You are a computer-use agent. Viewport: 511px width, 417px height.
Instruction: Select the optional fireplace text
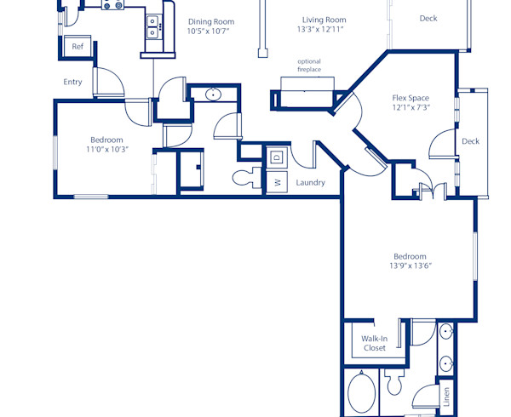pos(309,66)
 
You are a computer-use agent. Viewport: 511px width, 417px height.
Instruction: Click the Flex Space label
pos(411,98)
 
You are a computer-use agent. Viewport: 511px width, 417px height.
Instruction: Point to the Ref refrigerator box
pos(78,47)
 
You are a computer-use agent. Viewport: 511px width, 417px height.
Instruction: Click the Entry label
pos(72,83)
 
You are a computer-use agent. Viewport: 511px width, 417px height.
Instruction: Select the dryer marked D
pos(277,157)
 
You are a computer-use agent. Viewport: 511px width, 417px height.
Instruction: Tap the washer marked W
pos(277,181)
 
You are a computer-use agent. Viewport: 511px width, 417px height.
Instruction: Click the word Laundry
pos(311,182)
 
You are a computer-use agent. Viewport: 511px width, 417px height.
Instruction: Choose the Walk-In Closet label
pos(374,343)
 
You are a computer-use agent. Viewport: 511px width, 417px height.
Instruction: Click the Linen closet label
pos(446,396)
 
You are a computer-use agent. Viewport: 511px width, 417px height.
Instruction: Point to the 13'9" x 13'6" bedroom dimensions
pos(410,266)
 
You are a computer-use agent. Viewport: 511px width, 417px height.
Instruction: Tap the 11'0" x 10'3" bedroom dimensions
pos(107,150)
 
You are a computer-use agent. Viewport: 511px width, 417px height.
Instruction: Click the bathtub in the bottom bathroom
pos(363,393)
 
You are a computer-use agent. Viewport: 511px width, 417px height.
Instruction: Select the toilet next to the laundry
pos(248,178)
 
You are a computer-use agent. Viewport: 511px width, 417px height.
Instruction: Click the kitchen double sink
pos(153,27)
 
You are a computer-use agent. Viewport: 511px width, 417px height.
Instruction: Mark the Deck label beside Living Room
pos(429,19)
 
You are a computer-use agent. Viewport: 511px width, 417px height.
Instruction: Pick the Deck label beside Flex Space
pos(470,141)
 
